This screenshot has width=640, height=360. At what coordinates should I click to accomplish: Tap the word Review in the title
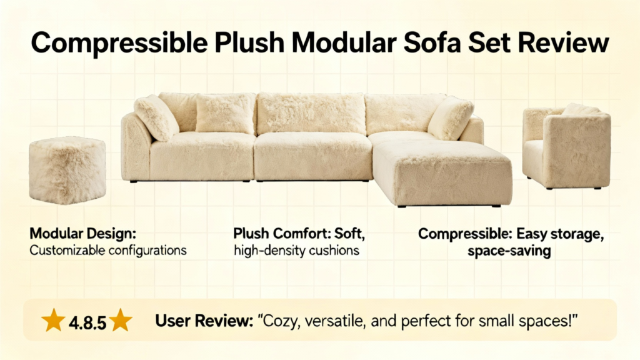(x=563, y=42)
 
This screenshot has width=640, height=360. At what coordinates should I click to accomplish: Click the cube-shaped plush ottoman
(x=67, y=170)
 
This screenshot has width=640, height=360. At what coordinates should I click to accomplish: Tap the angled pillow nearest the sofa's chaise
(x=450, y=118)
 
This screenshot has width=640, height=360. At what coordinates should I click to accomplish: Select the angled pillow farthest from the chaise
(x=156, y=117)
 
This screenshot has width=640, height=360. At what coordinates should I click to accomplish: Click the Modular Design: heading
(x=83, y=234)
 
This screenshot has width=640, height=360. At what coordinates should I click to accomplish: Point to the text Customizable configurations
(x=108, y=250)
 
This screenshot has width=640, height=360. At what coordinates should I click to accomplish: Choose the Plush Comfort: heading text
(x=282, y=234)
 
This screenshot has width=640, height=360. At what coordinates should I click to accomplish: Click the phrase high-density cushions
(x=297, y=250)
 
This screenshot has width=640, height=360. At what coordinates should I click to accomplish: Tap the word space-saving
(x=509, y=251)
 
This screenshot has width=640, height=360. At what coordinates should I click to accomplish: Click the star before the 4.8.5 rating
(x=53, y=321)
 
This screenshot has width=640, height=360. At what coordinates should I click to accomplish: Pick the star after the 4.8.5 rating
(x=121, y=321)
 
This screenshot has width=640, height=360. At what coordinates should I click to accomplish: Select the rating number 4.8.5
(x=87, y=323)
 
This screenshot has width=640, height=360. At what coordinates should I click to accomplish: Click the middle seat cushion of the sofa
(x=313, y=155)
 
